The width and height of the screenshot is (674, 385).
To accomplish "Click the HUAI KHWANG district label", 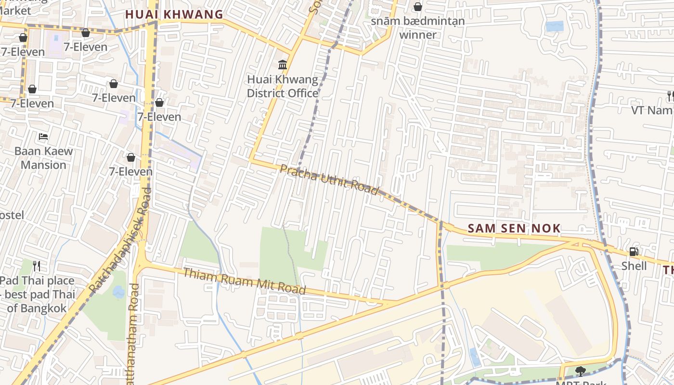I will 174,14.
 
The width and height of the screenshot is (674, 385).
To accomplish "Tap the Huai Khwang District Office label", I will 283,86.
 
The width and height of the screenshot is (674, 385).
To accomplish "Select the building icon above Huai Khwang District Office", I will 283,64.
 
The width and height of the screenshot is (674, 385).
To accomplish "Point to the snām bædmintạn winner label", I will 418,28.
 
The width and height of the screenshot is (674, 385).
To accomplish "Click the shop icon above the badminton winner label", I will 418,7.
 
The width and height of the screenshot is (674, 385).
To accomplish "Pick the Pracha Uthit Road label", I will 329,180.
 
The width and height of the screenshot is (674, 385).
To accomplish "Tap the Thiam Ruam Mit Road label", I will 244,281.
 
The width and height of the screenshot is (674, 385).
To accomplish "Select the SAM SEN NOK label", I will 514,229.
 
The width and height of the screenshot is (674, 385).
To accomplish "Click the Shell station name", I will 634,266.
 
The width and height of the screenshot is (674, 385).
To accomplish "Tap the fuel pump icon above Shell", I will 634,251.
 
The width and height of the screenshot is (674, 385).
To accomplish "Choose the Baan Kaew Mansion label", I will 43,158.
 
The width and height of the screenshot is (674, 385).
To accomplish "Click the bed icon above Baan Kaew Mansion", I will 43,137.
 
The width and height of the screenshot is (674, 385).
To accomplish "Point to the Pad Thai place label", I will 38,294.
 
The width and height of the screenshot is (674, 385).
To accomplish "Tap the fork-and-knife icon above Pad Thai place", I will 37,266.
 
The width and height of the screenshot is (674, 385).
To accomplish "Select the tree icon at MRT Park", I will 580,371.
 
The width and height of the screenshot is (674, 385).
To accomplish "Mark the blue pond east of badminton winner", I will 555,26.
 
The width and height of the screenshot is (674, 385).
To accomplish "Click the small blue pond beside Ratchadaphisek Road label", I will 118,291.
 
